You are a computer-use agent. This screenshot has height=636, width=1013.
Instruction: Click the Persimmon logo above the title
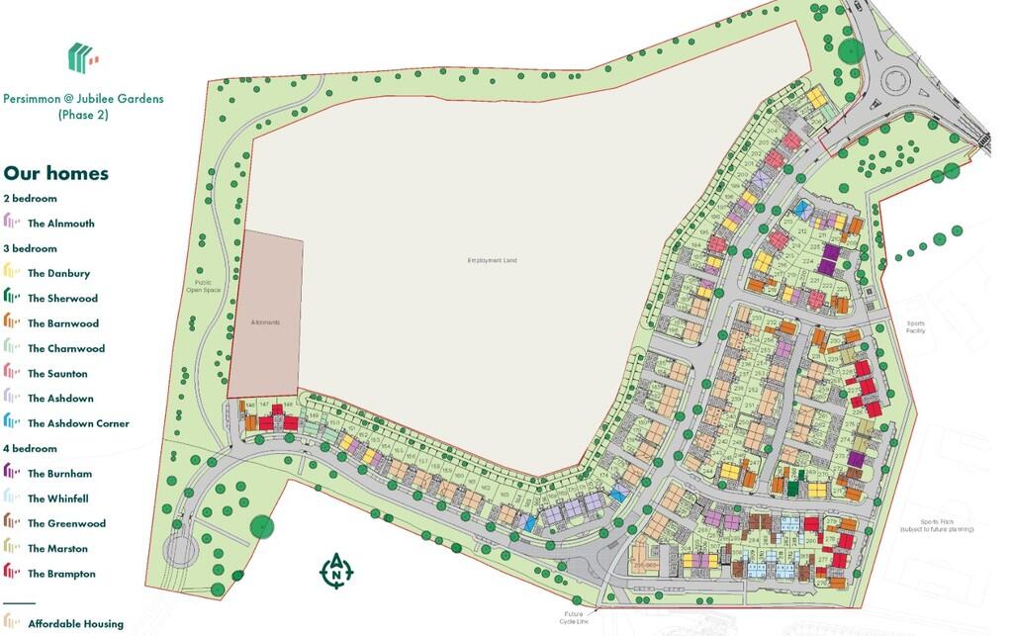(x=82, y=57)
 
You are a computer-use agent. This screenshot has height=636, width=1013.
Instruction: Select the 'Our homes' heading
(x=56, y=173)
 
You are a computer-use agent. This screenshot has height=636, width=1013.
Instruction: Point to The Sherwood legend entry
(x=62, y=298)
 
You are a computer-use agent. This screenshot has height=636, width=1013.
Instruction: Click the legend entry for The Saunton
(x=57, y=374)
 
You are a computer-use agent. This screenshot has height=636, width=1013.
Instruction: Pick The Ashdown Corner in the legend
(x=78, y=423)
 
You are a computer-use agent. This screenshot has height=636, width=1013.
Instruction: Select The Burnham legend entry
(x=59, y=474)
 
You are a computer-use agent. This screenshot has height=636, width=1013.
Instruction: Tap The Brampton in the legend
(x=61, y=574)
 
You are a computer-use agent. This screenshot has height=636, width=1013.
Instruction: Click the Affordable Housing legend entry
(x=75, y=623)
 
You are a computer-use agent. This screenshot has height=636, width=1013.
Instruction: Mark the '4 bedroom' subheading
(x=30, y=448)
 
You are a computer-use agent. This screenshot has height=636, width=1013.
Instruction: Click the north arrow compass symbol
(x=336, y=571)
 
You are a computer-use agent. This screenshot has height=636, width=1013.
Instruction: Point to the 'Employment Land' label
(x=492, y=260)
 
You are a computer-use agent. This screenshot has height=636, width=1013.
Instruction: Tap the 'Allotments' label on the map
(x=266, y=323)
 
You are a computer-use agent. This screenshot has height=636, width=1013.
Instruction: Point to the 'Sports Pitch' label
(x=936, y=525)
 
